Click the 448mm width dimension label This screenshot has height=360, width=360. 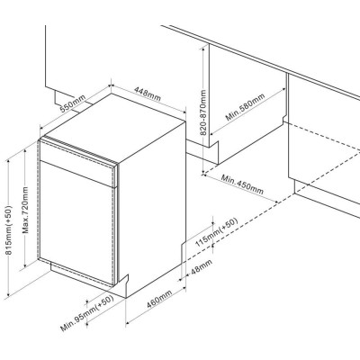tap(148, 94)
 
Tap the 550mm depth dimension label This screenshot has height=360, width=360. tap(73, 103)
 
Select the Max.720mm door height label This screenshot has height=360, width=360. tap(25, 210)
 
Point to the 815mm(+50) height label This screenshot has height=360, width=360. tap(9, 230)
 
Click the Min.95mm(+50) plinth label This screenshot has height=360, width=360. tap(87, 313)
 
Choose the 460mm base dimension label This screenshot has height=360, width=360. tap(159, 299)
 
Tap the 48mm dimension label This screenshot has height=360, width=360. tap(202, 266)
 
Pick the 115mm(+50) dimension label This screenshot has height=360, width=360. tap(216, 232)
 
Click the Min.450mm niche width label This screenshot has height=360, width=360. tap(242, 184)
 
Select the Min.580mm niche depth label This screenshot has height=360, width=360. tap(246, 107)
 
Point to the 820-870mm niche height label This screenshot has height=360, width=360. tap(203, 112)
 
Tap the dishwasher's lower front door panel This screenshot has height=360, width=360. tap(76, 222)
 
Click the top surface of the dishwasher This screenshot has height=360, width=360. tap(115, 128)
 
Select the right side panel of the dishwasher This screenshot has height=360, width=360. tap(152, 207)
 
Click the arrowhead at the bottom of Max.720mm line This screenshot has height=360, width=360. tap(25, 265)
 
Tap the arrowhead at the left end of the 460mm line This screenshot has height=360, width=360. tap(128, 323)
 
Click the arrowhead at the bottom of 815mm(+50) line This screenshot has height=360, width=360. tap(9, 293)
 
